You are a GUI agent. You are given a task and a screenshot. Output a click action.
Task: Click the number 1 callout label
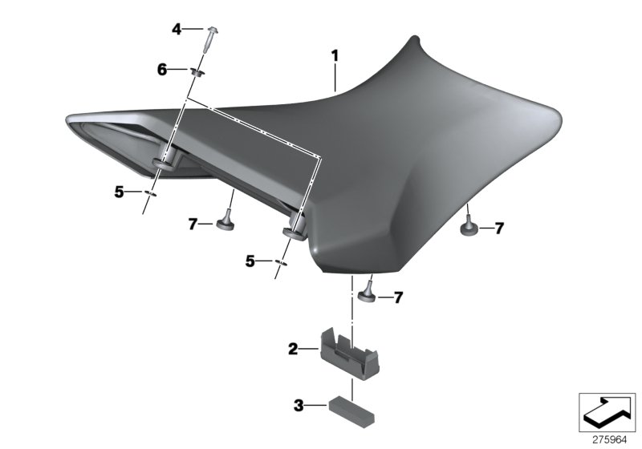pos(335,55)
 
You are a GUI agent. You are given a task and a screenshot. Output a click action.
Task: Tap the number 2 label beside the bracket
pos(293,349)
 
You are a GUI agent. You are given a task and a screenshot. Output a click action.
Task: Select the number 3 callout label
pos(299,407)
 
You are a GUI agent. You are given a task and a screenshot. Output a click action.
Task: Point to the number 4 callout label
pos(177,30)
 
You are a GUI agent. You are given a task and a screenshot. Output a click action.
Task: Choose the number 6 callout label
pos(162,71)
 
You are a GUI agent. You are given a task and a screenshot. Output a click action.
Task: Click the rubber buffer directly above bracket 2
pos(367,293)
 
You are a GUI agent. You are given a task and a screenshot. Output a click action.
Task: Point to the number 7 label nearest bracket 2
pos(398,298)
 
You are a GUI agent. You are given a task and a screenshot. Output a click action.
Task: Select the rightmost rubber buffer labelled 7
pos(469,229)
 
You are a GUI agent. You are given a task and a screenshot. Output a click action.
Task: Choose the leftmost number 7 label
pos(193,225)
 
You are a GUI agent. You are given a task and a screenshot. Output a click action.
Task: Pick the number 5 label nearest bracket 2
pos(250,261)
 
